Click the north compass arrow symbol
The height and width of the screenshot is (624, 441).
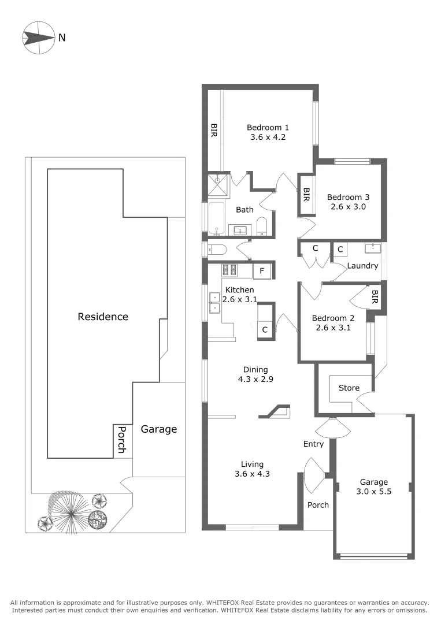pos(38,38)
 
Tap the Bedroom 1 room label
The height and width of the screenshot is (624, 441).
pos(268,128)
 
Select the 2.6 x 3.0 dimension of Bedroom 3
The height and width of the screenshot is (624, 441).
pos(347,206)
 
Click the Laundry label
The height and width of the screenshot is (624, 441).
pos(362,266)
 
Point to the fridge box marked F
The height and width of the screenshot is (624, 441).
pos(262,270)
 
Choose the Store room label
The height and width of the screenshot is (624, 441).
pos(349,388)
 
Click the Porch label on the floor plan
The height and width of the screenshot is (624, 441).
pos(318,505)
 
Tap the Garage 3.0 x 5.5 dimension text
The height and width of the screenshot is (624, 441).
pos(374,492)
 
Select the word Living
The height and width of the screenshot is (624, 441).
pos(252,464)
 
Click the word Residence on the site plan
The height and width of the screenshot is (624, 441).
pos(103,317)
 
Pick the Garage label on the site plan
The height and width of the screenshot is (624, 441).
pos(159,429)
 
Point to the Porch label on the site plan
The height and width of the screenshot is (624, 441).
pos(122,440)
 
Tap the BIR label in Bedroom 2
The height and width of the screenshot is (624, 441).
pos(375,297)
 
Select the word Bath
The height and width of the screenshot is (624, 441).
pos(244,210)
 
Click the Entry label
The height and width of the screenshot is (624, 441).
pos(313,444)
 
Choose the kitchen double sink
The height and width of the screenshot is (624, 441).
pos(214,303)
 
